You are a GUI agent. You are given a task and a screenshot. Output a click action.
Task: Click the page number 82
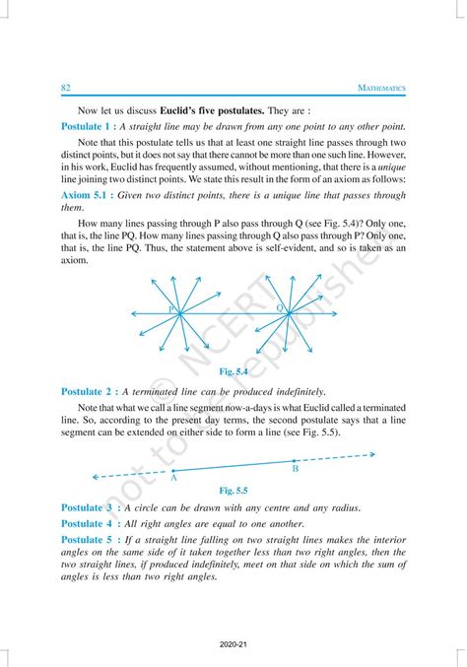(66, 89)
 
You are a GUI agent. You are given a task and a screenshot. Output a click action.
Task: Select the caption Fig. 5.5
(233, 489)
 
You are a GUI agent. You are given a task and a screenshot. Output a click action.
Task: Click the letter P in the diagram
(170, 309)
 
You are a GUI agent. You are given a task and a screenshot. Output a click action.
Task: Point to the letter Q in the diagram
(280, 308)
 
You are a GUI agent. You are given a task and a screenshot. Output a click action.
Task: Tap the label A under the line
(173, 478)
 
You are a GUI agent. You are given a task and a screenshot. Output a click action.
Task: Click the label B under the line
(295, 469)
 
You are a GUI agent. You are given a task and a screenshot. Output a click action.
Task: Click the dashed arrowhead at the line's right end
(371, 455)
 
